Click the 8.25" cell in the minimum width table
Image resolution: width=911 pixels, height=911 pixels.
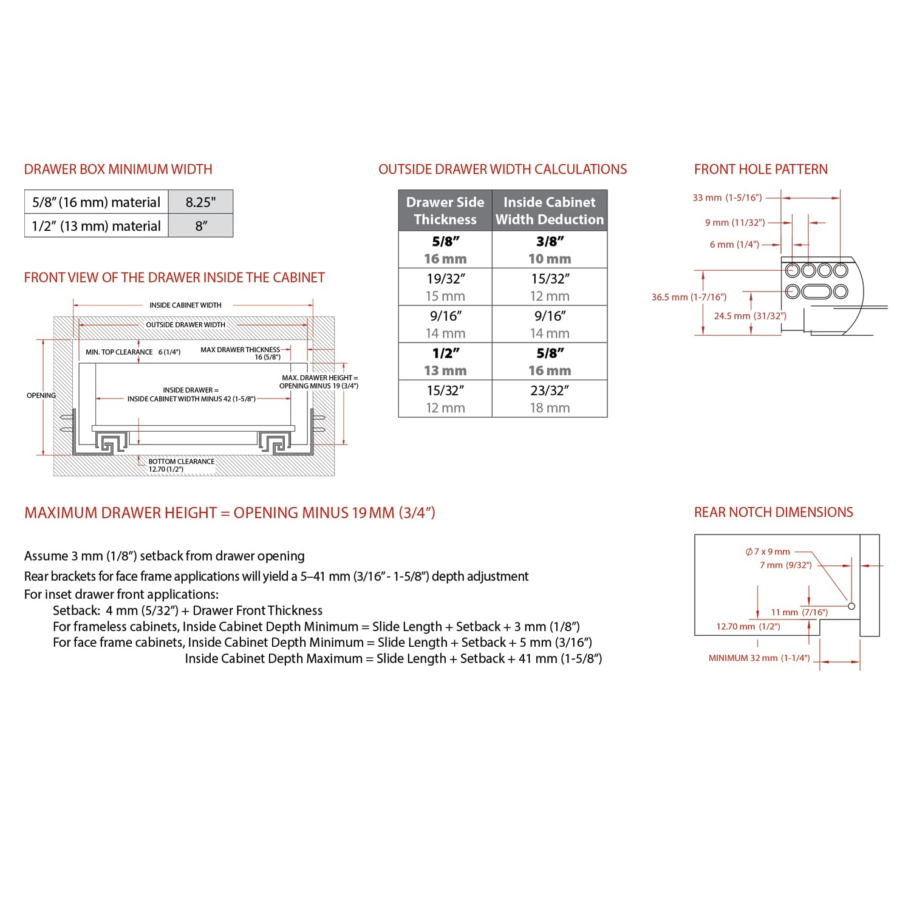(x=200, y=202)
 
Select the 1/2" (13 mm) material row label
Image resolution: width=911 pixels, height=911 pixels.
(x=96, y=226)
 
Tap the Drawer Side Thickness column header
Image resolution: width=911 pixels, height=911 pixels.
(x=445, y=211)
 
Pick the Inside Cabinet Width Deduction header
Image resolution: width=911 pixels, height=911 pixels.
(x=550, y=211)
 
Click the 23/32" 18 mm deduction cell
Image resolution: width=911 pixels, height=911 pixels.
(x=550, y=399)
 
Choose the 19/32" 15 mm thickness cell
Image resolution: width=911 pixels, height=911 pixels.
(x=445, y=287)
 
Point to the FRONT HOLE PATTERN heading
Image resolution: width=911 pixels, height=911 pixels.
(x=760, y=169)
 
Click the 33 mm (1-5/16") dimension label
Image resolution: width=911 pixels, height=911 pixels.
(x=727, y=197)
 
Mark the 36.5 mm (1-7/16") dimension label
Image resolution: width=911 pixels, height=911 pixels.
(x=689, y=297)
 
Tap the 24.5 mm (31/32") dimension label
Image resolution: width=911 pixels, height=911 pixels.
(x=749, y=316)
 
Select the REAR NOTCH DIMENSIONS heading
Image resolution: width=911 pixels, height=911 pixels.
(x=773, y=513)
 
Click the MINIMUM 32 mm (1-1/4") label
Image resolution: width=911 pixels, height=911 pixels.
(x=759, y=658)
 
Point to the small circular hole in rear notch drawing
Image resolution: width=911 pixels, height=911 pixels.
(x=851, y=606)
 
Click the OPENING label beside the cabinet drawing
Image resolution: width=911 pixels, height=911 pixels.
(x=41, y=395)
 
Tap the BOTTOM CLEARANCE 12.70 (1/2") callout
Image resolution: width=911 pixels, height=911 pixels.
(x=181, y=465)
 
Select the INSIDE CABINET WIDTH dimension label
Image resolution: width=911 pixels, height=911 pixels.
(x=185, y=305)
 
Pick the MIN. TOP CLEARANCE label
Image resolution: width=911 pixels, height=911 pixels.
(x=119, y=352)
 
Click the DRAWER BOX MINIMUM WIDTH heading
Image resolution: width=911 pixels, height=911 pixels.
(x=118, y=169)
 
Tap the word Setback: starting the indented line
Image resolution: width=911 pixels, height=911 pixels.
(x=76, y=610)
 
